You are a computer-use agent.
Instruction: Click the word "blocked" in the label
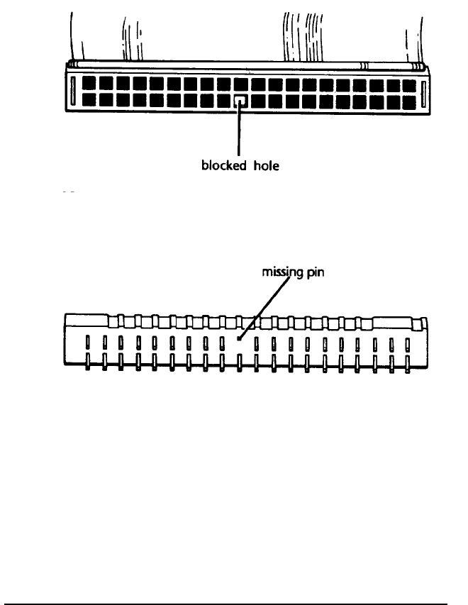pos(218,168)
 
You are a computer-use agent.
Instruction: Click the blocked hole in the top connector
pos(241,102)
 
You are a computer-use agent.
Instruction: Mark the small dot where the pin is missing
pos(239,339)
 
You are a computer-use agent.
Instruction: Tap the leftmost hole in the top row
pos(88,85)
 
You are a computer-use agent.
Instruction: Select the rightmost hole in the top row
pos(411,85)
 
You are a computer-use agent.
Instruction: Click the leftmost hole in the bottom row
pos(88,102)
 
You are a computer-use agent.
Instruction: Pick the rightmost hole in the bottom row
pos(411,102)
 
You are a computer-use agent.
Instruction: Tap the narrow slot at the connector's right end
pos(423,94)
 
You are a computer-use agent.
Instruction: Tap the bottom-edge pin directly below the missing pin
pos(240,362)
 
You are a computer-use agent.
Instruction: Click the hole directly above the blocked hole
pos(241,85)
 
